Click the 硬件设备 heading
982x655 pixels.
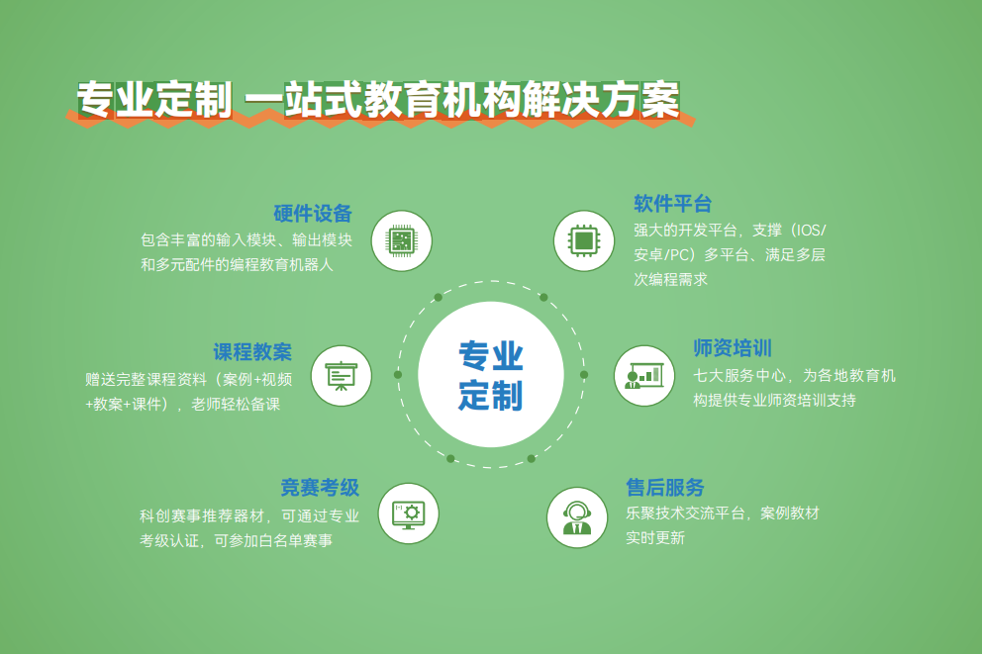click(x=313, y=214)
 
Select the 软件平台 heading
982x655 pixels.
click(x=672, y=204)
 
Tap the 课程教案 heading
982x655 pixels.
click(x=252, y=352)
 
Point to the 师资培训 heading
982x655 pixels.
click(x=733, y=347)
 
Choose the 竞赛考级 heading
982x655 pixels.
click(x=320, y=487)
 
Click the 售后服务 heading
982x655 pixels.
click(x=665, y=487)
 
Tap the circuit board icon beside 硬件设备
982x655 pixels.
click(x=402, y=240)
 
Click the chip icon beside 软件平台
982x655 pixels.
click(x=584, y=240)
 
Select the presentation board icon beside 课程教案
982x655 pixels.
click(x=342, y=376)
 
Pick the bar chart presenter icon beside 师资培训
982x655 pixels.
click(x=643, y=375)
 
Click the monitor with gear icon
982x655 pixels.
click(x=408, y=515)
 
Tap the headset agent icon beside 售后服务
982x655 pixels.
click(x=577, y=517)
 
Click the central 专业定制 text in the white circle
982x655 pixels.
click(x=490, y=375)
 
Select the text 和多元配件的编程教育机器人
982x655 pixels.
click(x=237, y=265)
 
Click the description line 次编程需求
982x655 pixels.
click(x=671, y=279)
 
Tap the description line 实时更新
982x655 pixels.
click(x=655, y=538)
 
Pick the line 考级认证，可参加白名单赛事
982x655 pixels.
click(x=237, y=540)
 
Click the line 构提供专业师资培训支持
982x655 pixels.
click(x=775, y=400)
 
